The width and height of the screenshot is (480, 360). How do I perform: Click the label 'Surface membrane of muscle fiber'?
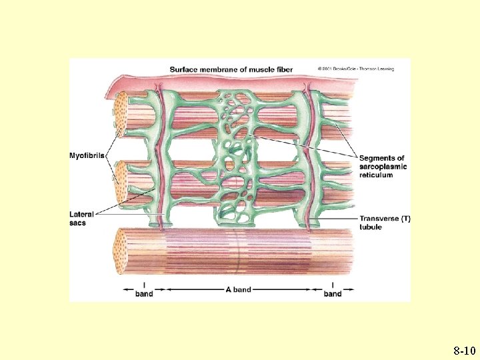(240, 69)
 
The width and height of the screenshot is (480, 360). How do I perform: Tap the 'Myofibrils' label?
(87, 156)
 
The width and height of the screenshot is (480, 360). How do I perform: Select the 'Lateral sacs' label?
(81, 219)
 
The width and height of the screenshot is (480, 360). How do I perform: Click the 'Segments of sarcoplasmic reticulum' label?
(384, 167)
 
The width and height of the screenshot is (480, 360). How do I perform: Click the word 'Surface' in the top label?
(185, 69)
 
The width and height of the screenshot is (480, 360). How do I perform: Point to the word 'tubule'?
(371, 227)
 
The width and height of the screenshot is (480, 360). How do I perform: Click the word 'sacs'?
(77, 223)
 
